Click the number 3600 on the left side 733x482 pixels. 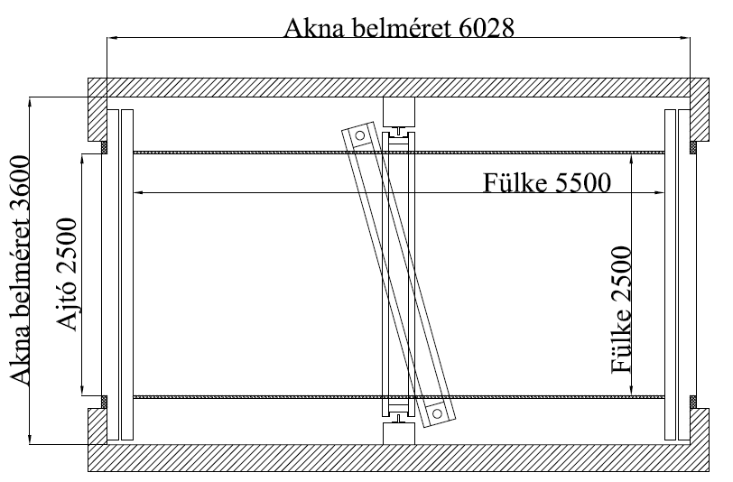click(x=21, y=193)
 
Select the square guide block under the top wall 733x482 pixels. click(x=398, y=112)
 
